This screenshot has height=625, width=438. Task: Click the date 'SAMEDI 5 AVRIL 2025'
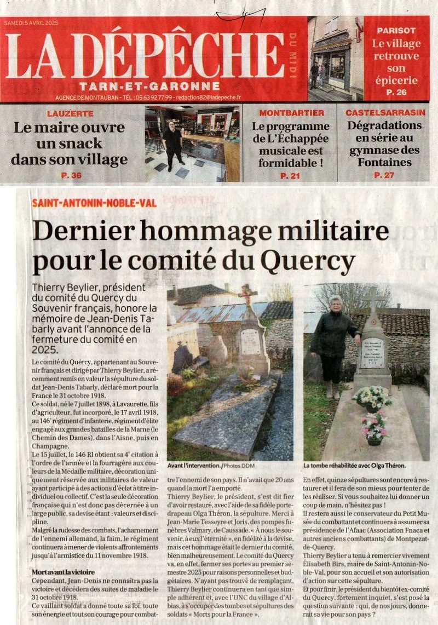coord(31,23)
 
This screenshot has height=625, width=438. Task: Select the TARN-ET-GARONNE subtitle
coord(149,86)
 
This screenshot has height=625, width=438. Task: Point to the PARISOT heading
coord(396,31)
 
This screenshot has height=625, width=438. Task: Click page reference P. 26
coord(396,92)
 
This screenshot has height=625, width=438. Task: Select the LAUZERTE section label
coord(70,113)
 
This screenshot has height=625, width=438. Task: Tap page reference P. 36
coord(70,175)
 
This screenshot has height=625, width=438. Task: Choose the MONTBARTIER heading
coord(291,113)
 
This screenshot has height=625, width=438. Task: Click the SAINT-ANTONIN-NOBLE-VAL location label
coord(94,203)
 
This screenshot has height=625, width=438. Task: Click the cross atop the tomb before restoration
coord(247,295)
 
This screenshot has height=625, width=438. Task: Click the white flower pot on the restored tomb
coord(372,398)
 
